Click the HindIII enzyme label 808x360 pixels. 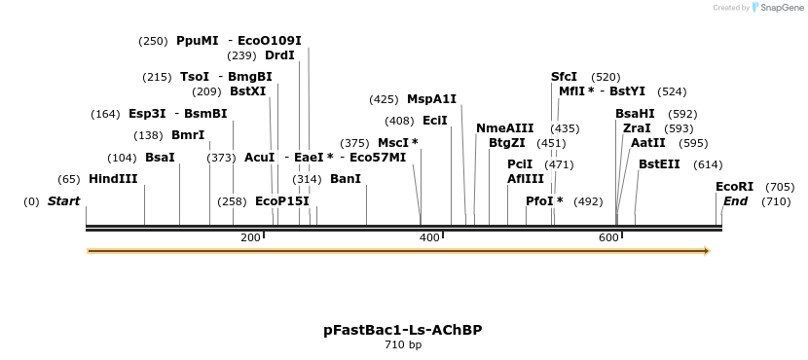(x=113, y=179)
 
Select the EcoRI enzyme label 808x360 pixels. (x=734, y=187)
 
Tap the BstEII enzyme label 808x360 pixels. (x=659, y=164)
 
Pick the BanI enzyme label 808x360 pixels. (x=346, y=179)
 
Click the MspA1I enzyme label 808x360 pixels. (x=431, y=99)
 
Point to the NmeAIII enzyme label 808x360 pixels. (x=504, y=128)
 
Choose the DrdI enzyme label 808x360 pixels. (x=279, y=55)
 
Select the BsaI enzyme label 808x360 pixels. (x=160, y=158)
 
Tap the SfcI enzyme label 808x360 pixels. (x=564, y=77)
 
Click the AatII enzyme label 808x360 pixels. (x=647, y=143)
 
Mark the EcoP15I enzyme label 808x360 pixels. (x=281, y=201)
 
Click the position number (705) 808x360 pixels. (x=780, y=187)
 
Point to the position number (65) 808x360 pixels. (x=69, y=179)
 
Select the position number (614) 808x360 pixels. (x=708, y=164)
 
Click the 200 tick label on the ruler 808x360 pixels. (x=249, y=238)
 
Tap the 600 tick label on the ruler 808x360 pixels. (x=608, y=238)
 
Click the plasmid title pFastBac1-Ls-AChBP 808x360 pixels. (x=402, y=330)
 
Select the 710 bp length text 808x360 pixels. (x=402, y=344)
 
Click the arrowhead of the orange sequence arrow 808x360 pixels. (x=706, y=251)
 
